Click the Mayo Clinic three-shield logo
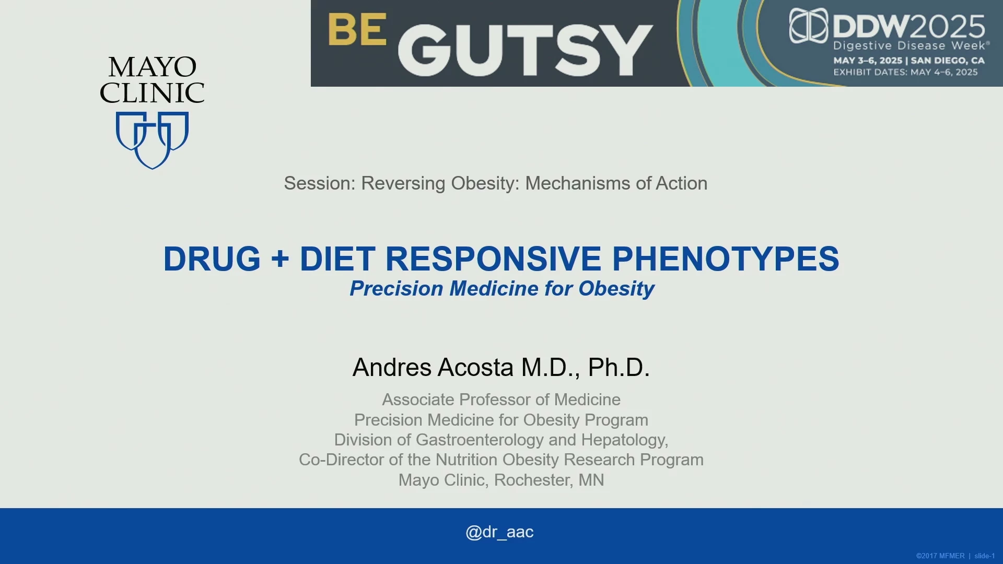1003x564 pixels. coord(152,140)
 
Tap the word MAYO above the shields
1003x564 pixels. coord(153,67)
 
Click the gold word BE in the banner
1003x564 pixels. coord(358,30)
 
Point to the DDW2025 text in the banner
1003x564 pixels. coord(909,26)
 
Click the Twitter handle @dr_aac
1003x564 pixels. coord(499,532)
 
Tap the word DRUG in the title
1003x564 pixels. coord(212,258)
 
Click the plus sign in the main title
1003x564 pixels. coord(281,259)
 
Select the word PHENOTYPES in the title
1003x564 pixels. coord(726,258)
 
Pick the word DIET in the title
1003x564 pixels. coord(337,258)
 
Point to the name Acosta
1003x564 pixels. coord(475,367)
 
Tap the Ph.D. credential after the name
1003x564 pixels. coord(619,367)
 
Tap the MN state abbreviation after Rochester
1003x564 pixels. coord(591,480)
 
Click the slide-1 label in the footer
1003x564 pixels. coord(985,556)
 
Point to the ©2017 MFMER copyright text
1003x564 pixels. coord(940,556)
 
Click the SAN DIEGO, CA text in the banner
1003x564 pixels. coord(948,61)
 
